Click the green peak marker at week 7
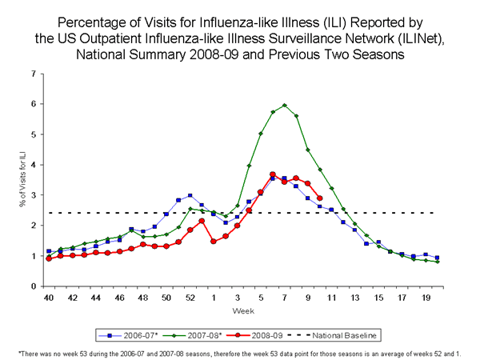click(285, 105)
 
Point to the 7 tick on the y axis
click(34, 74)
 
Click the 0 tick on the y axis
click(34, 286)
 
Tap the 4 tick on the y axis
click(34, 165)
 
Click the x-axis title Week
click(242, 310)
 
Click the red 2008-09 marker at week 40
click(49, 258)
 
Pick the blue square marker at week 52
click(190, 195)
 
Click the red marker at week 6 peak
click(273, 174)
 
